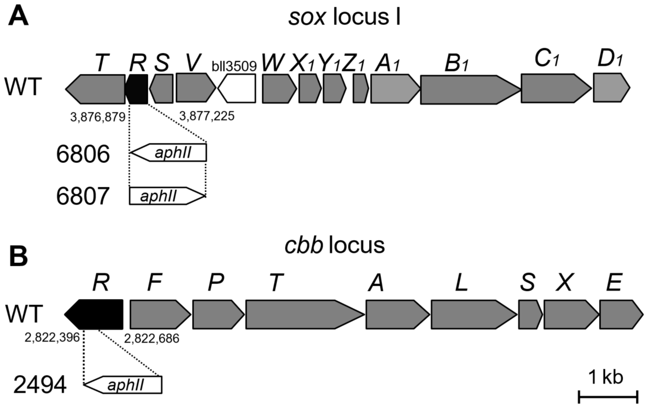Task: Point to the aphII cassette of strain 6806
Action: pos(172,152)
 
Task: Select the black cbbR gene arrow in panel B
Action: pos(95,314)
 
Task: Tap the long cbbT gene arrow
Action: pos(301,314)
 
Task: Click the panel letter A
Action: pos(18,17)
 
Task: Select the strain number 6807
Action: pos(83,196)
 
